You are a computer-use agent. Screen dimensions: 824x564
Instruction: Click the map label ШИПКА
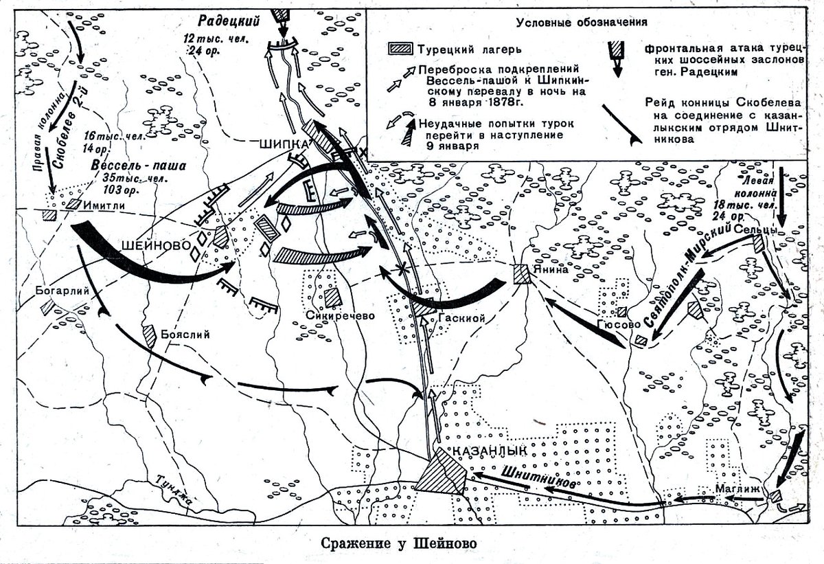284,144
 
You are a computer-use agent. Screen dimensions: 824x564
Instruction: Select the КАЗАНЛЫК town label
490,451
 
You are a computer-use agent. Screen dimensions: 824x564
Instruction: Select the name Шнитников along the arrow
538,474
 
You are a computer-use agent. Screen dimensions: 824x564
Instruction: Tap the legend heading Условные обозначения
582,21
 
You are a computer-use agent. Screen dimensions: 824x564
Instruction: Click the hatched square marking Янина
522,273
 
